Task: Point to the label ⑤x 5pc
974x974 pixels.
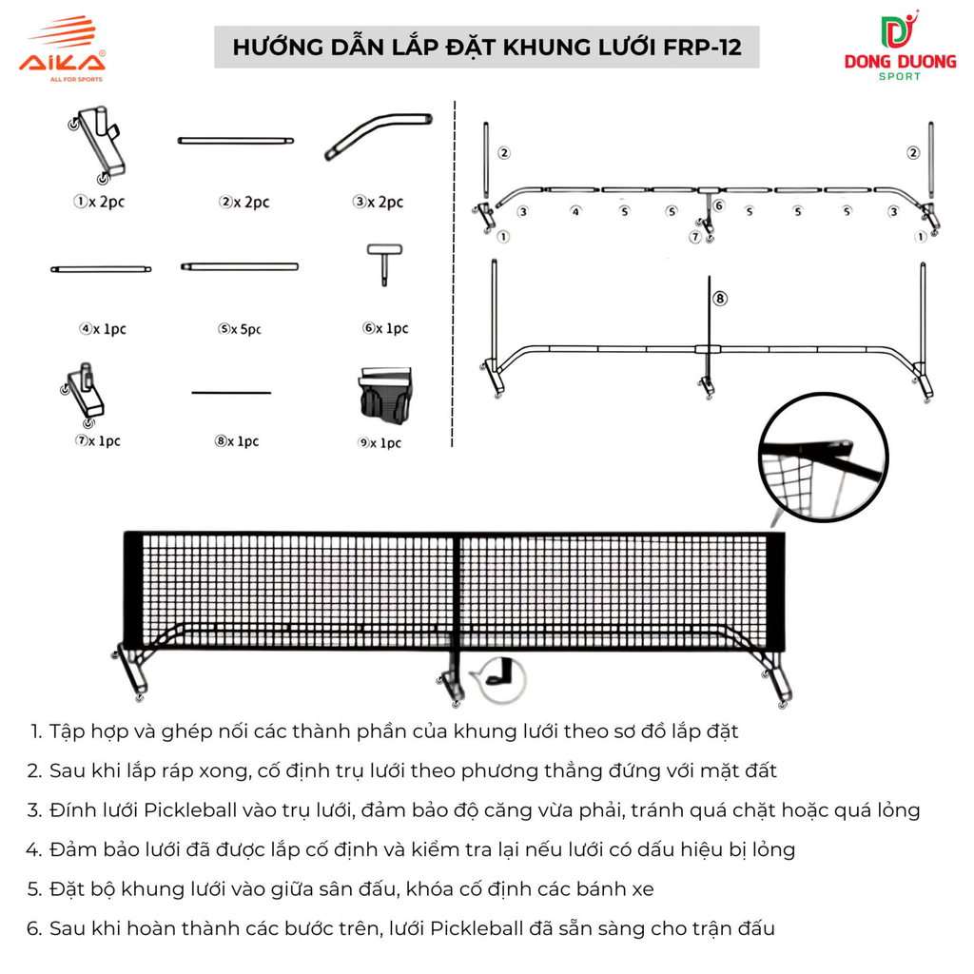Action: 240,329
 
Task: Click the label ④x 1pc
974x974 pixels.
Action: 103,329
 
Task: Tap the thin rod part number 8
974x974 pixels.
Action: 231,392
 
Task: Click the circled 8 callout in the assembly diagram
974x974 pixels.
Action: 720,299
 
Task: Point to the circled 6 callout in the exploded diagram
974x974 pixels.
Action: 718,205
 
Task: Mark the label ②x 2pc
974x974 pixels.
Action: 244,203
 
